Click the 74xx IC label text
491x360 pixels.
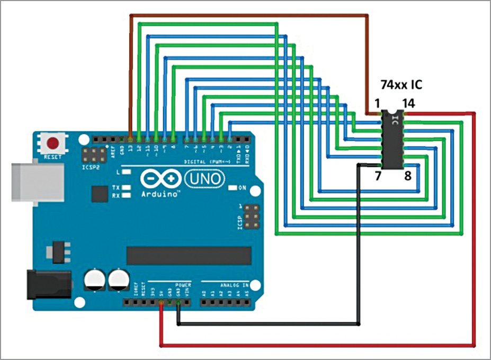(x=401, y=85)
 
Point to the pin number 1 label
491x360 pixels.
(x=377, y=104)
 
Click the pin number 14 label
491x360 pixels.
(x=408, y=104)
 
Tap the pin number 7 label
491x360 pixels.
(x=378, y=176)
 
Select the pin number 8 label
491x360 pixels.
(x=407, y=176)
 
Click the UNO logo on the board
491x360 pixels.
(x=203, y=179)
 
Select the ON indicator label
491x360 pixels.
(x=243, y=188)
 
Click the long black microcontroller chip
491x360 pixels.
(x=188, y=255)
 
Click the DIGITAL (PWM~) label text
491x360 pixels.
(x=207, y=161)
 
